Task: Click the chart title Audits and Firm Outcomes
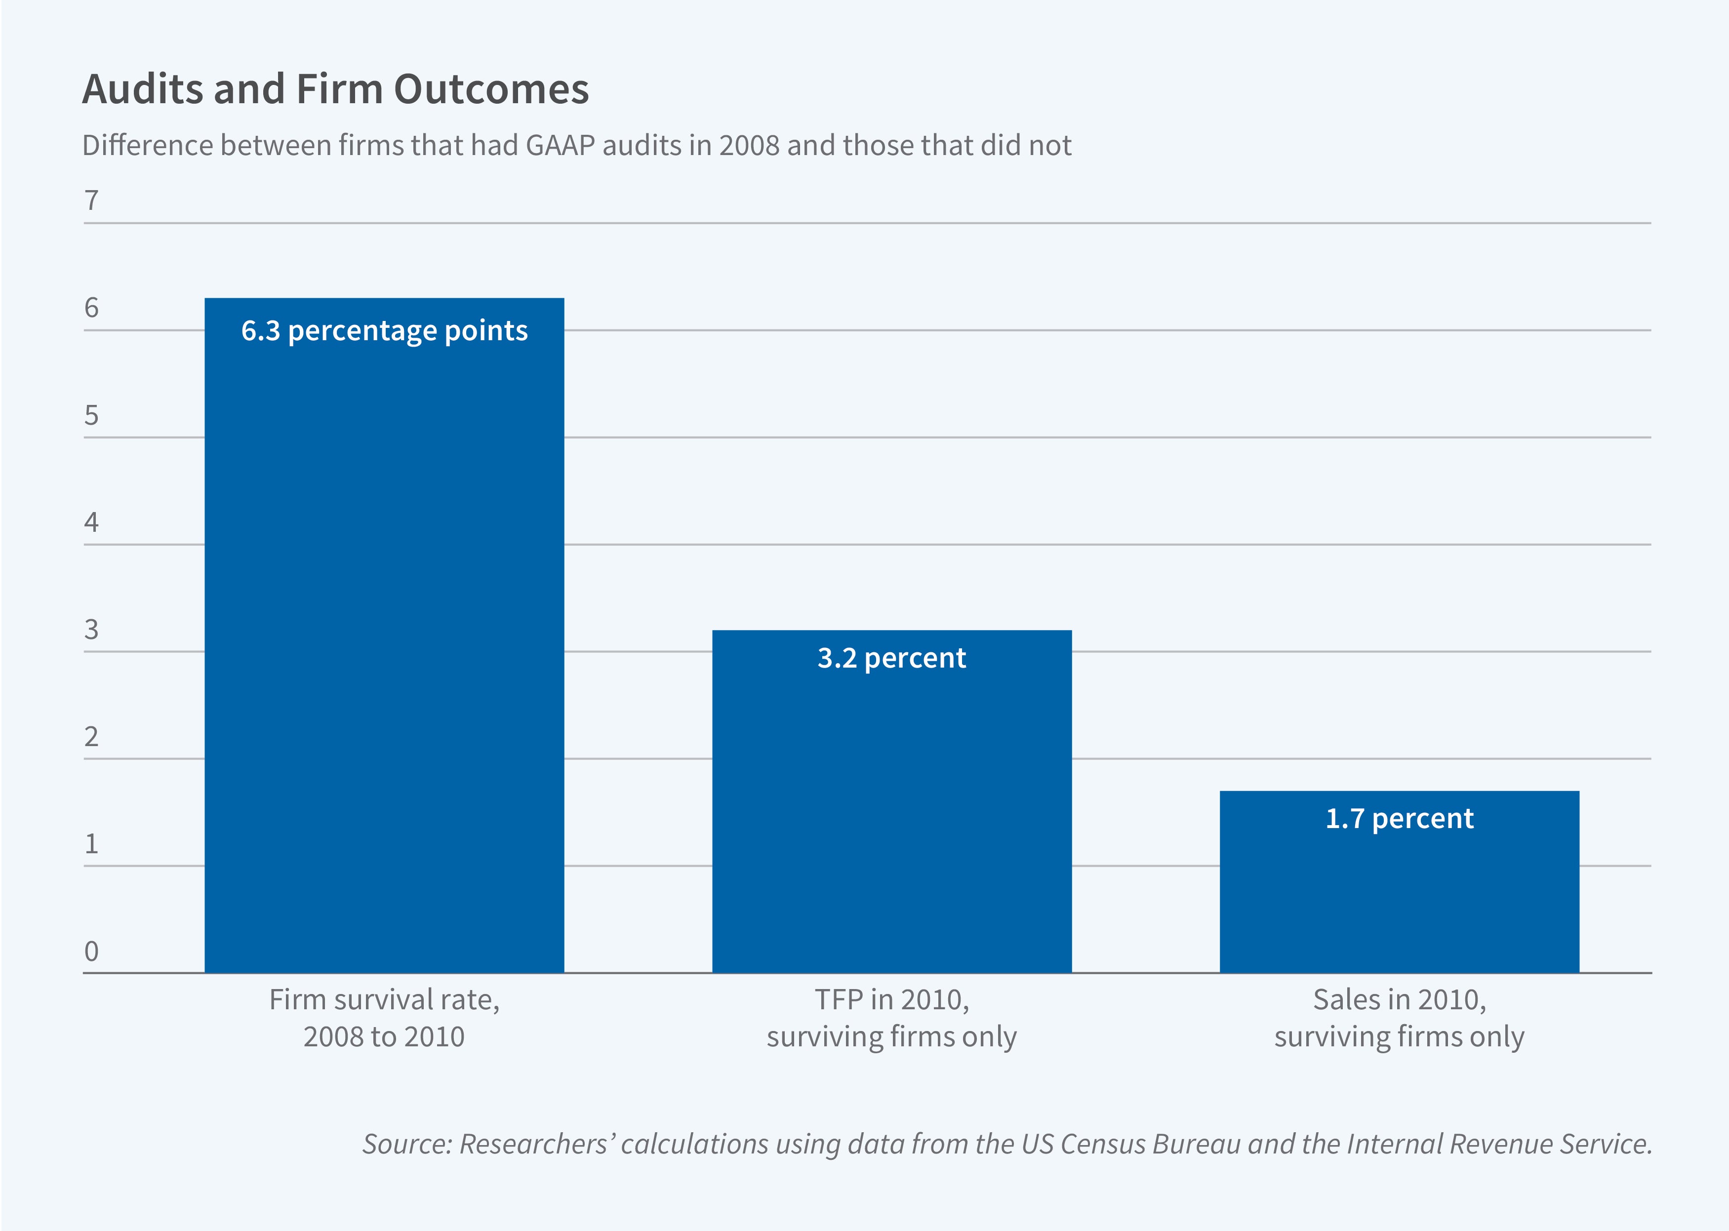point(335,89)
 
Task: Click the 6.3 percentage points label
point(384,331)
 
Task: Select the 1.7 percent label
point(1399,819)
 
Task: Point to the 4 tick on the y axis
point(91,522)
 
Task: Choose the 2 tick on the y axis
point(91,737)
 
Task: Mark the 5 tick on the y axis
point(91,415)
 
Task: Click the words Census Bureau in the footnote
point(1147,1143)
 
